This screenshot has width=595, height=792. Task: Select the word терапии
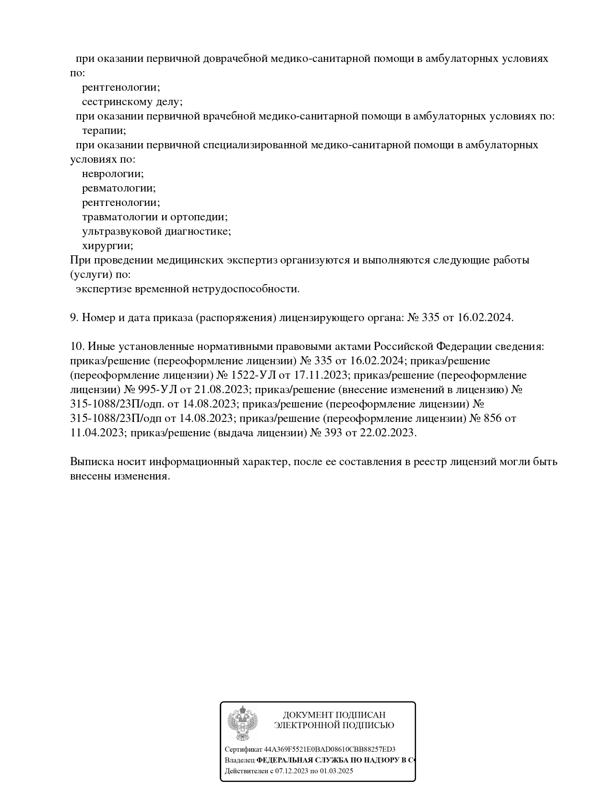104,131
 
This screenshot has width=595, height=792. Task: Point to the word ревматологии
119,188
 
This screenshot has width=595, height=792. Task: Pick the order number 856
493,418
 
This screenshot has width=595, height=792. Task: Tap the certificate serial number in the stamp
330,749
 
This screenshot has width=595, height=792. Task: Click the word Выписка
91,462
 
